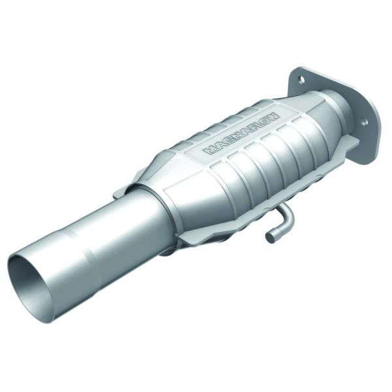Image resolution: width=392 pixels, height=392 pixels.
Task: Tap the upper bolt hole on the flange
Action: (x=301, y=80)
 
